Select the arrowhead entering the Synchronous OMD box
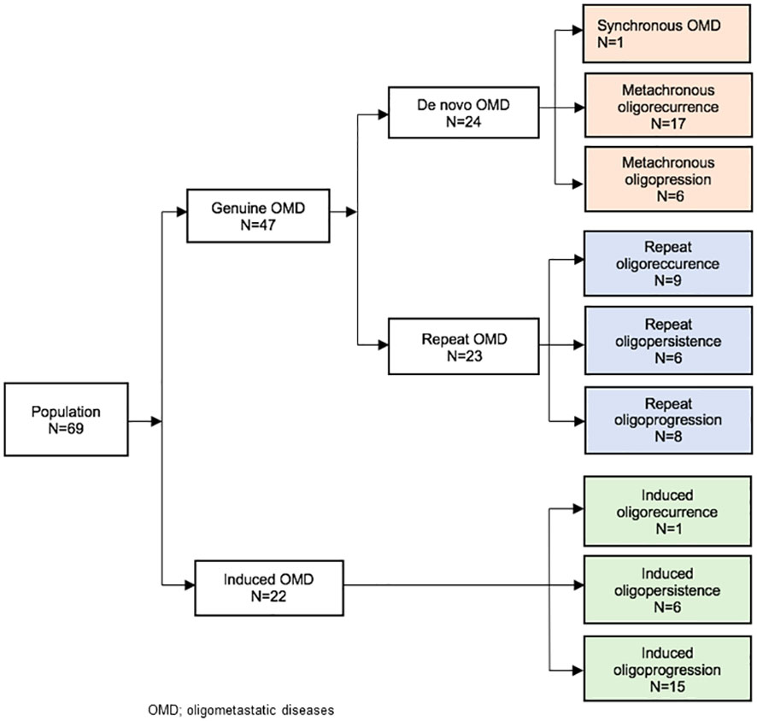pyautogui.click(x=578, y=31)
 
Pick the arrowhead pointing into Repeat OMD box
pyautogui.click(x=382, y=346)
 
